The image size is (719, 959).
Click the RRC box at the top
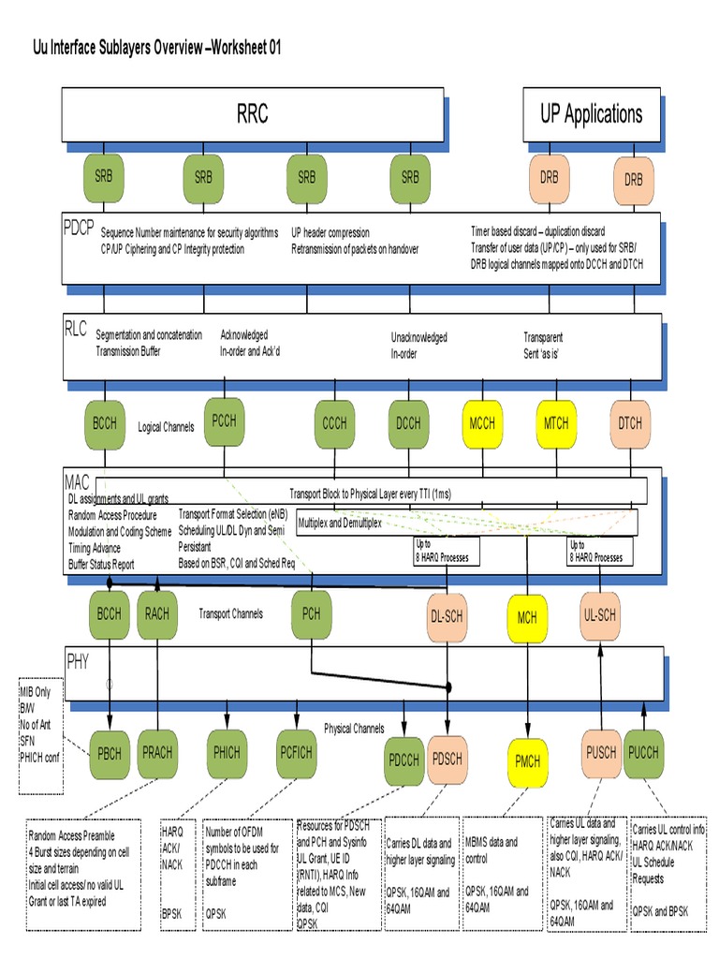pyautogui.click(x=252, y=114)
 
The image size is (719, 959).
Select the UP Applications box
pyautogui.click(x=591, y=114)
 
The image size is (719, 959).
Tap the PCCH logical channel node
pyautogui.click(x=225, y=420)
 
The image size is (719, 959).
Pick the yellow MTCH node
pyautogui.click(x=556, y=423)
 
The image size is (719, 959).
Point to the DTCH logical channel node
pyautogui.click(x=630, y=423)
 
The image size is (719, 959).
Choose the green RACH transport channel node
pyautogui.click(x=157, y=614)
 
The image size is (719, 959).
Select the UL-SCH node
pyautogui.click(x=599, y=614)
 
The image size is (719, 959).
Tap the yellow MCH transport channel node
pyautogui.click(x=527, y=617)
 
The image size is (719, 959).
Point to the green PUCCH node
pyautogui.click(x=644, y=751)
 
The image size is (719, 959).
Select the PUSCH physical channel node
pyautogui.click(x=600, y=751)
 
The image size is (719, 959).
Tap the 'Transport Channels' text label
pyautogui.click(x=230, y=614)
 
